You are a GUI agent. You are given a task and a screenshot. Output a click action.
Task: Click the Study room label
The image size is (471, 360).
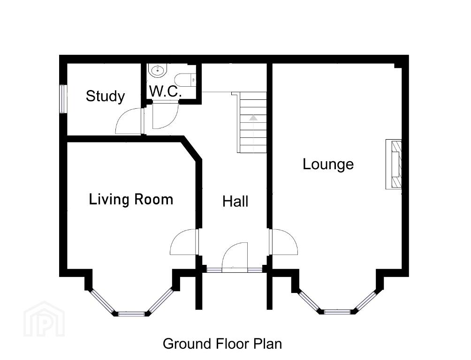[x=105, y=97]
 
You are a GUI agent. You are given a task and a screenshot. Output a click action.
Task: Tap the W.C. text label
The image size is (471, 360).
[x=166, y=91]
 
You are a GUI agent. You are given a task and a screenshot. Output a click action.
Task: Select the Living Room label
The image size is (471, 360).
[x=131, y=199]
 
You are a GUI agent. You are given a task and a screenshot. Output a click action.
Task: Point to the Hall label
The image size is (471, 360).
[x=235, y=201]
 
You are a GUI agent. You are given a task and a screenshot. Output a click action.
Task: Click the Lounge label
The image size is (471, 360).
[x=328, y=164]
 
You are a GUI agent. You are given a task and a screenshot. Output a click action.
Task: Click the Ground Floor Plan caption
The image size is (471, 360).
[x=222, y=344]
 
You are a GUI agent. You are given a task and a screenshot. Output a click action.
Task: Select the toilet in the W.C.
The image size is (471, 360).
[x=185, y=80]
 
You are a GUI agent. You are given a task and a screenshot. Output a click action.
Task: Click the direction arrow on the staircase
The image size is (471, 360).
[x=253, y=118]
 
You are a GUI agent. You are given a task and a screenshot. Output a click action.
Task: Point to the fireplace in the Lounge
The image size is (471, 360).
[x=394, y=164]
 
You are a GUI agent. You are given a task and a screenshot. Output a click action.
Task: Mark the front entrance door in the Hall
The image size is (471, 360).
[x=235, y=257]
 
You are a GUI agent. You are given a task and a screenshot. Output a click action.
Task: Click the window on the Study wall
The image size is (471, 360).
[x=62, y=99]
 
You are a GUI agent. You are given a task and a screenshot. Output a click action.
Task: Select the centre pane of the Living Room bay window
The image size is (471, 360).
[x=131, y=314]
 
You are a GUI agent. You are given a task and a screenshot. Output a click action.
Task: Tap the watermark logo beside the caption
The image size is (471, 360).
[x=44, y=319]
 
